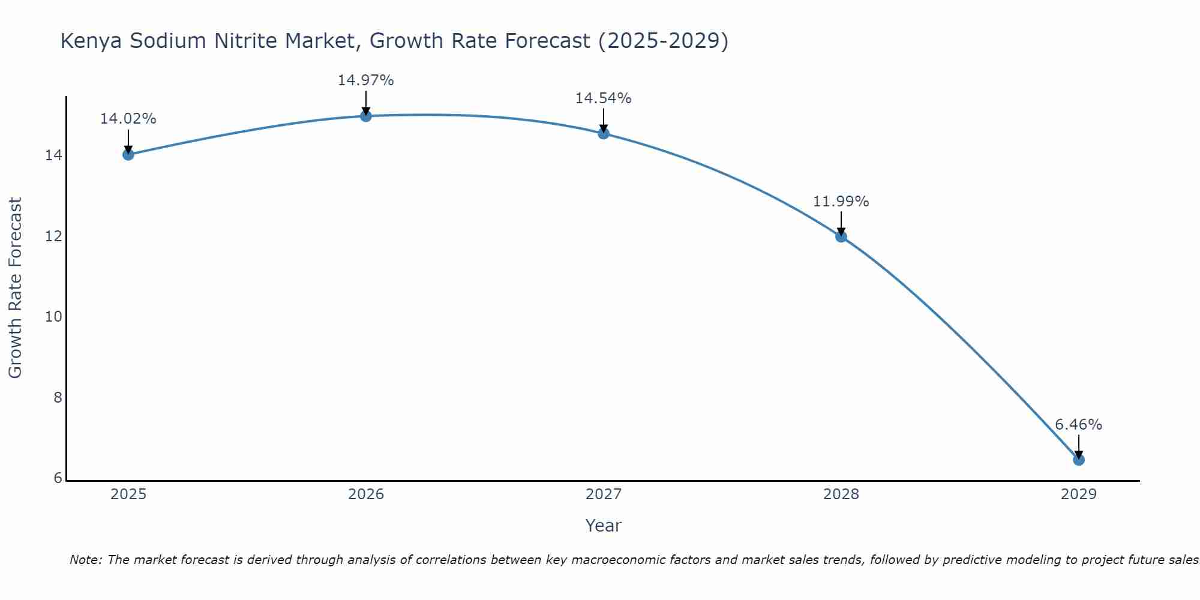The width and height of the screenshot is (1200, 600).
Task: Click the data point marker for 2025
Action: (128, 155)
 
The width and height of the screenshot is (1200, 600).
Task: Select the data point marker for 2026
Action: (366, 116)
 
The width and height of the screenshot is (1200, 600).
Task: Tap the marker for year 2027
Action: (604, 133)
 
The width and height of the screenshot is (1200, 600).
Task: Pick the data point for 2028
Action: (841, 236)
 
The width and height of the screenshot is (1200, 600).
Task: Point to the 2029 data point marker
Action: (1079, 460)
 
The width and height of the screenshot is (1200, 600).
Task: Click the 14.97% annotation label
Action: (365, 80)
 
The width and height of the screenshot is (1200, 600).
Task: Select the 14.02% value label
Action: (128, 119)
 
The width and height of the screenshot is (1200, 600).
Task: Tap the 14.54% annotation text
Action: (603, 98)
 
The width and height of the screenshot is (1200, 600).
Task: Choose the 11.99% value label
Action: (841, 202)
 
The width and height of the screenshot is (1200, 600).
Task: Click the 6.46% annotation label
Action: (1078, 425)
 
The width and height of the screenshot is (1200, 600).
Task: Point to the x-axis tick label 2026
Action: (366, 494)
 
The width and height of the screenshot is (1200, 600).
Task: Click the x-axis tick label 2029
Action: (1079, 494)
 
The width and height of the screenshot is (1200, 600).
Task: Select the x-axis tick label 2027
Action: (604, 494)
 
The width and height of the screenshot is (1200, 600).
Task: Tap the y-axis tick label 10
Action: (54, 317)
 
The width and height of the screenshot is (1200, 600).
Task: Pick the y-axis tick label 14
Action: (54, 155)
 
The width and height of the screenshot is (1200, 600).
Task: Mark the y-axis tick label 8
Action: (58, 398)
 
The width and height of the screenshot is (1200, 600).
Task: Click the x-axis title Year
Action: (603, 526)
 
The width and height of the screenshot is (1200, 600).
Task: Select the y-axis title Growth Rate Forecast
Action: (16, 288)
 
